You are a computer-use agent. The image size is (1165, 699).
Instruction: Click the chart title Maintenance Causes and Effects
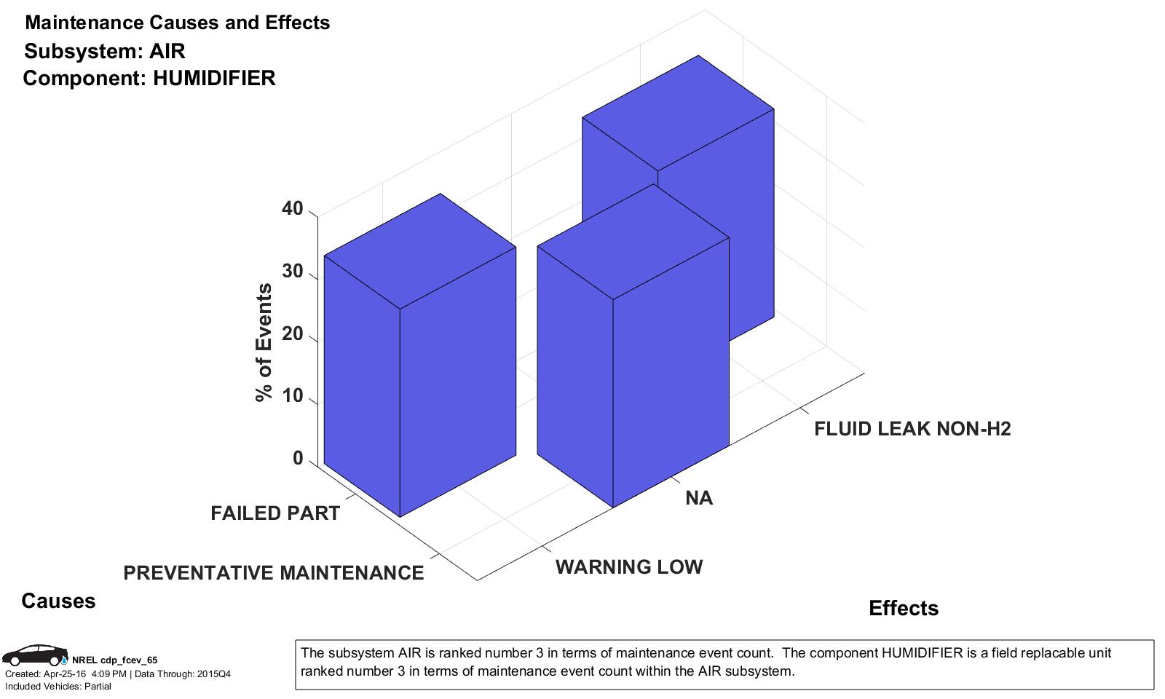click(177, 23)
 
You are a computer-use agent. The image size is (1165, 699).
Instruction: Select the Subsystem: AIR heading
click(105, 51)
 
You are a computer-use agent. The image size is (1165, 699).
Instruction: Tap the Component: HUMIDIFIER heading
click(149, 78)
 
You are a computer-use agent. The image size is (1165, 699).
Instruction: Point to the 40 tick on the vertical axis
click(292, 209)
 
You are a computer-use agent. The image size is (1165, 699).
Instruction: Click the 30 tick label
click(292, 272)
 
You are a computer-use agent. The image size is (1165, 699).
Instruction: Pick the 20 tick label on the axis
click(292, 334)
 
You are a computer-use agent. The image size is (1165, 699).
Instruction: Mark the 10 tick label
click(292, 396)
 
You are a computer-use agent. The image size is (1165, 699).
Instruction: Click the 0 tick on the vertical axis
click(297, 459)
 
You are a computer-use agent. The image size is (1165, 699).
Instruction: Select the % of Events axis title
click(264, 342)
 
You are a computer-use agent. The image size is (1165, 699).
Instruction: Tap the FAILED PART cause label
click(275, 513)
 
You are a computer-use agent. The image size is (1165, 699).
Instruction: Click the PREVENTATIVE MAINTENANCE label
click(273, 573)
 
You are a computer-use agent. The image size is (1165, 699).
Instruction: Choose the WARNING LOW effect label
click(629, 567)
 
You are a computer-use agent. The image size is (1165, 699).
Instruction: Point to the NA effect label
click(699, 498)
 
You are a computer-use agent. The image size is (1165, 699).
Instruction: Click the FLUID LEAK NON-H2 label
click(912, 429)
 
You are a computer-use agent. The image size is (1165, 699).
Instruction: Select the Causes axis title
click(58, 601)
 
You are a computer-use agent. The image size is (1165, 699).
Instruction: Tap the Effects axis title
click(904, 608)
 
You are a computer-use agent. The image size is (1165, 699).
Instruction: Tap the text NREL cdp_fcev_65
click(114, 660)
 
